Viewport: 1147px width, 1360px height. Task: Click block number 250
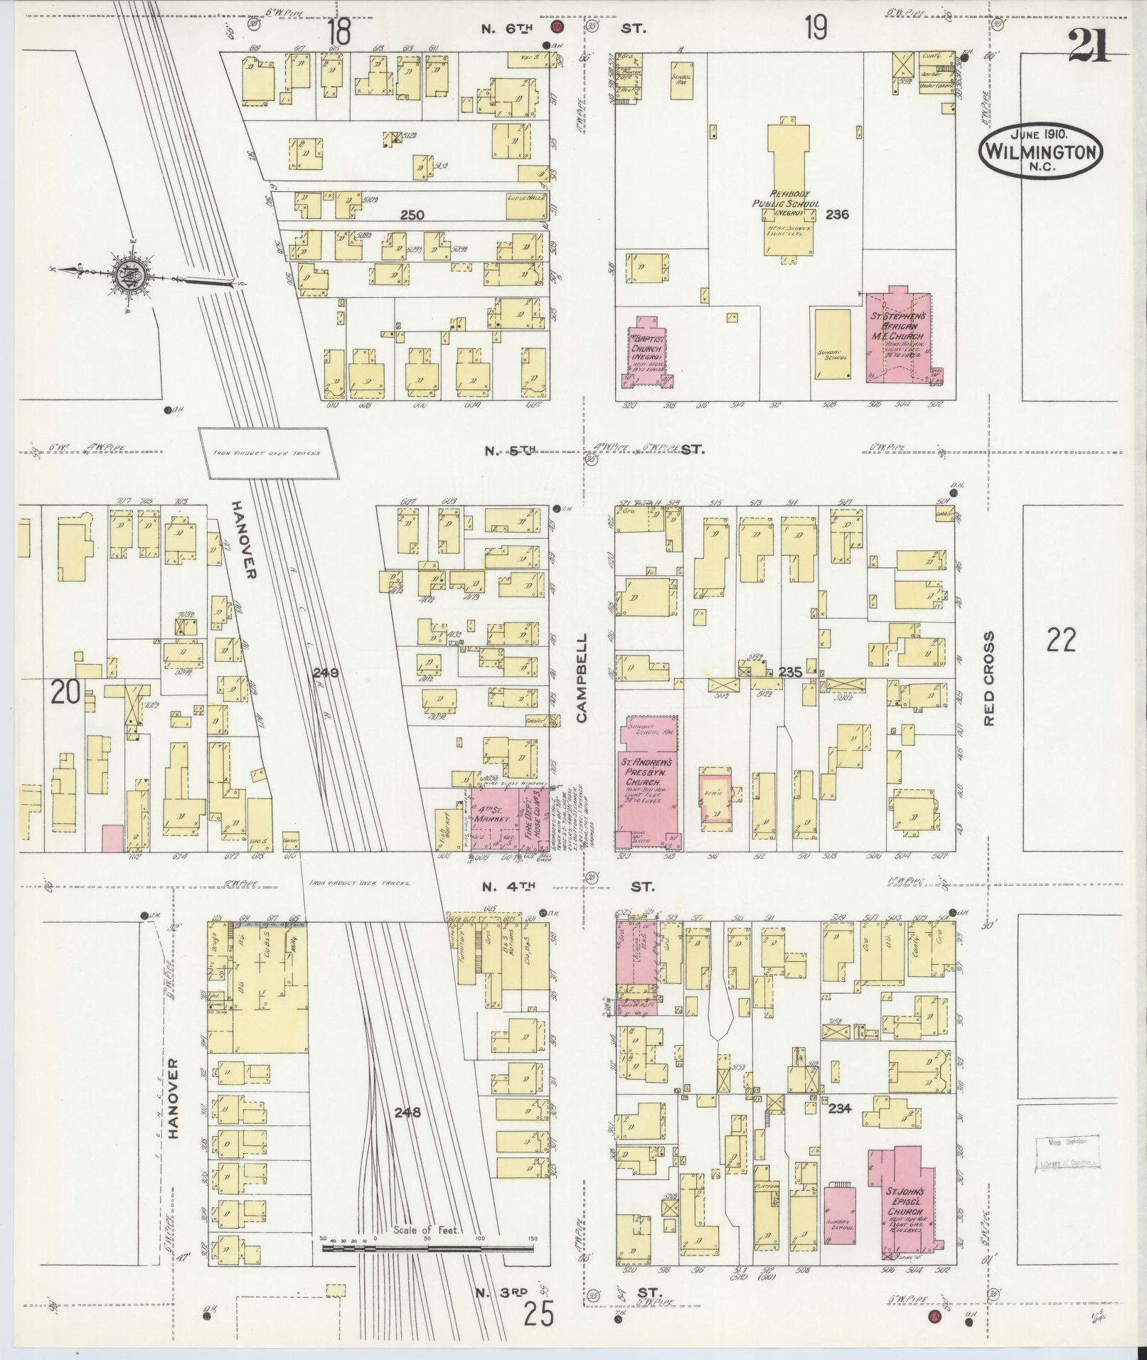pyautogui.click(x=412, y=215)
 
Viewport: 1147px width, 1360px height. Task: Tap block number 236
pyautogui.click(x=837, y=213)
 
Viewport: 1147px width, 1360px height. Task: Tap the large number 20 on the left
pyautogui.click(x=65, y=691)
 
